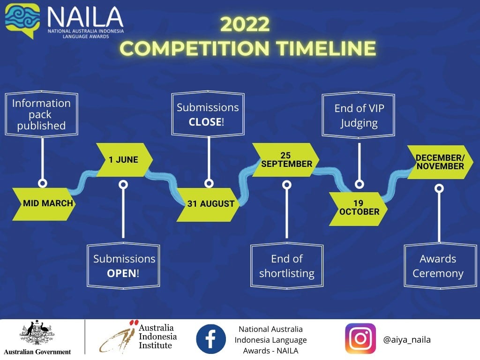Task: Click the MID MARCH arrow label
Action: tap(44, 204)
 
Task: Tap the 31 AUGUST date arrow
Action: tap(208, 204)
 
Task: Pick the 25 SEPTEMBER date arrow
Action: tap(285, 159)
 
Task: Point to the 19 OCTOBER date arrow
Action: tap(358, 209)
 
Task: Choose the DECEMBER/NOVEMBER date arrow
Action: tap(440, 162)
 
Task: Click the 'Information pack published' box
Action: tap(41, 114)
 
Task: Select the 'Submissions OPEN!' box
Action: tap(123, 266)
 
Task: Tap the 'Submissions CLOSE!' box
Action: tap(208, 114)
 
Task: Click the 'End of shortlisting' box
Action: tap(287, 266)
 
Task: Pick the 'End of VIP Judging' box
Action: tap(359, 115)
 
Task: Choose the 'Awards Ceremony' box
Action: tap(441, 266)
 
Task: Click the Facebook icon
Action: tap(211, 339)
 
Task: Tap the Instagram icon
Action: tap(360, 338)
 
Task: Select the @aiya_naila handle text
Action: tap(407, 339)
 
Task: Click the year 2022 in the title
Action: tap(245, 24)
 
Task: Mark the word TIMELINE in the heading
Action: tap(326, 48)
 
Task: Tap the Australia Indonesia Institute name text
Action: tap(157, 337)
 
